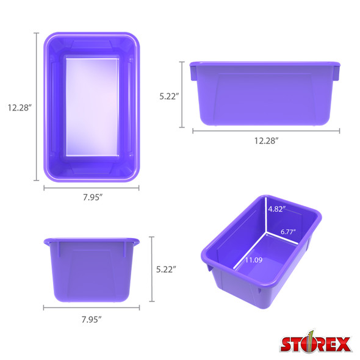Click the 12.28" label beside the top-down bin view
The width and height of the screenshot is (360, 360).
(20, 107)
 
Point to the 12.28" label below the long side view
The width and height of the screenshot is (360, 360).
(266, 141)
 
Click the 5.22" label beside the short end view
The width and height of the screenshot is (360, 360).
(166, 269)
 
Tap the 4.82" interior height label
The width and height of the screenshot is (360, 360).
(280, 209)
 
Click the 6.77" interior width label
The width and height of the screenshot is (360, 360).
(289, 232)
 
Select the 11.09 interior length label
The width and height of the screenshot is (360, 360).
(254, 260)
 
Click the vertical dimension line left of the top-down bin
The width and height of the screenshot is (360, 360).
(37, 107)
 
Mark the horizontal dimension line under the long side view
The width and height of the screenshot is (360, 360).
(266, 130)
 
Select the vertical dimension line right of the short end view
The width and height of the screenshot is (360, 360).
(152, 269)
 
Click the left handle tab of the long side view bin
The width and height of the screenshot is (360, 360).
(193, 72)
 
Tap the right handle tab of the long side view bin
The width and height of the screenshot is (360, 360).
(339, 72)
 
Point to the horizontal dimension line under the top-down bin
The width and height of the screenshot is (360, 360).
(92, 189)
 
